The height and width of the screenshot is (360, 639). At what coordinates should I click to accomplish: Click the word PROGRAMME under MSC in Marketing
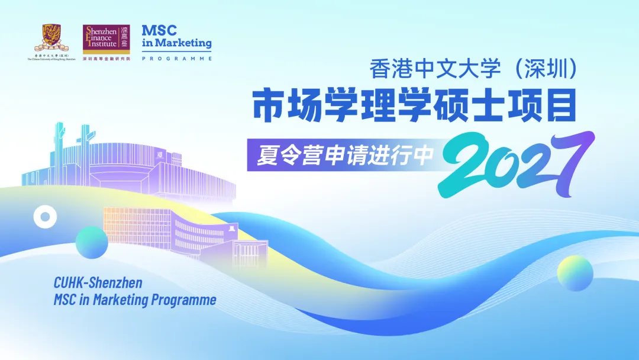point(176,59)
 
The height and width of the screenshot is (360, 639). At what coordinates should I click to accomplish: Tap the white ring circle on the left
point(44,217)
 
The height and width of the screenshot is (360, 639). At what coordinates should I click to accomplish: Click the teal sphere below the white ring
point(92,242)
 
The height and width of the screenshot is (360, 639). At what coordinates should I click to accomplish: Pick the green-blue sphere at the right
point(575,273)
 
